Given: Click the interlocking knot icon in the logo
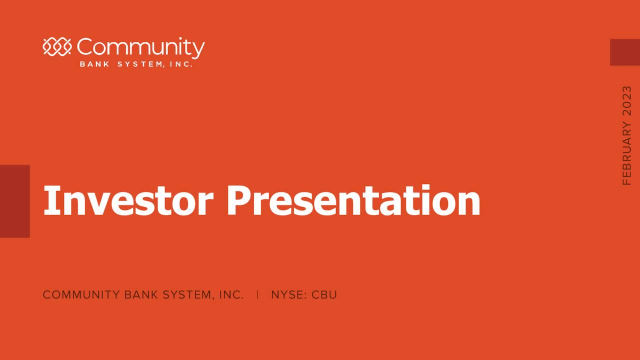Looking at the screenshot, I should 57,47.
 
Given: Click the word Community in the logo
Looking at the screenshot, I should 140,48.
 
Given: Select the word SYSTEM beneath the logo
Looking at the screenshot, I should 138,64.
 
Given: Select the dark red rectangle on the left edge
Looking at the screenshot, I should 14,201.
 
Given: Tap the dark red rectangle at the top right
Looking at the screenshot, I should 624,52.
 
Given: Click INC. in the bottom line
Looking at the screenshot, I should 231,295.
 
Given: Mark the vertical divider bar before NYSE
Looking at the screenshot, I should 257,294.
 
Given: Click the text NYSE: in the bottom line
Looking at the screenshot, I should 289,295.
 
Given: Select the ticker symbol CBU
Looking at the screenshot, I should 324,295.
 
